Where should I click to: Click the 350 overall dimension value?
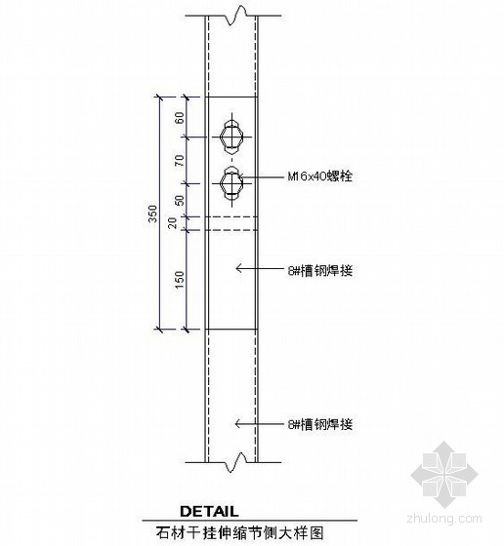pos(152,214)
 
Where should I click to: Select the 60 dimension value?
pos(180,118)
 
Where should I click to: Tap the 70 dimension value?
pos(180,161)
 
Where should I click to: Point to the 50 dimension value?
pos(180,200)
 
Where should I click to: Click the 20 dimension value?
pos(173,223)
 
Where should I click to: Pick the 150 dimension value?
pos(180,279)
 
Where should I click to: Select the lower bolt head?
pos(231,183)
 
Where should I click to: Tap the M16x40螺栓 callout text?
pos(319,176)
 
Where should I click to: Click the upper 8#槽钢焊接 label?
pos(320,271)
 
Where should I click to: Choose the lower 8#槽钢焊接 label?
pos(320,424)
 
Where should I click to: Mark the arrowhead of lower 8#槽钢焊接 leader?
pos(236,424)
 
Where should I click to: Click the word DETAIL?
pos(209,511)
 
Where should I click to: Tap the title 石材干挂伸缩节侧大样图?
pos(240,533)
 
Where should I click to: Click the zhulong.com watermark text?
pos(444,519)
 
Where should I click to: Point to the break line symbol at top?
pos(233,16)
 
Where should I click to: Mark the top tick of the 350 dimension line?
pos(159,97)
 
